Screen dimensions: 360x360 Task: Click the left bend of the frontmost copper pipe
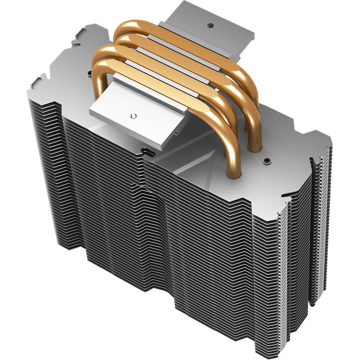(99, 66)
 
